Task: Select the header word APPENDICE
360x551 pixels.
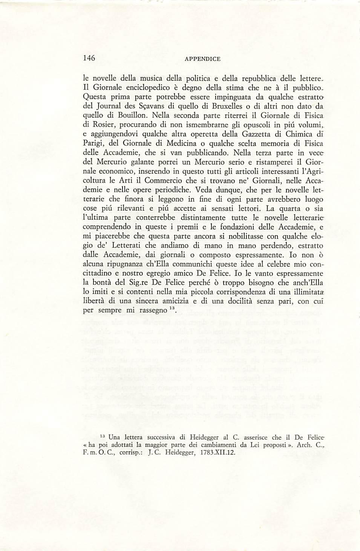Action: [x=202, y=59]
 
